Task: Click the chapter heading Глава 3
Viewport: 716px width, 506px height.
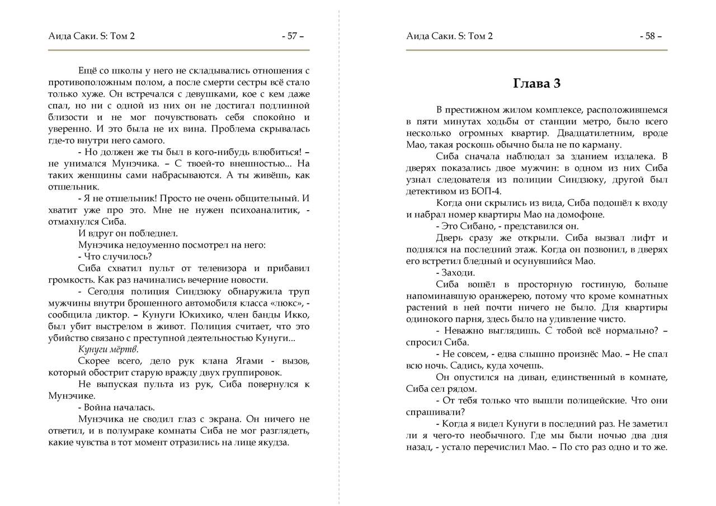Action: point(536,83)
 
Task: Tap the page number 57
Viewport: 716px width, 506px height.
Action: point(293,36)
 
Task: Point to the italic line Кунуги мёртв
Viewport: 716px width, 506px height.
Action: point(109,349)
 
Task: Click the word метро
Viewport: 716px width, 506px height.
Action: point(582,121)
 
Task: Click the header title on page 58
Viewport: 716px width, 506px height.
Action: point(450,36)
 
